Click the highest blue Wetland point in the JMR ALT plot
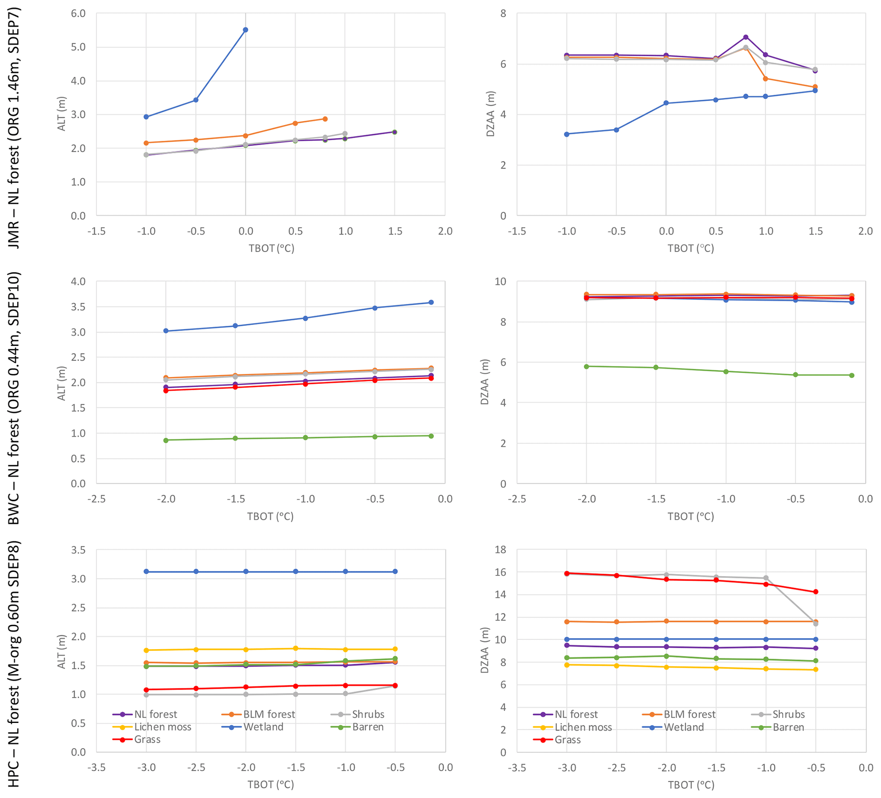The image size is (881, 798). tap(245, 30)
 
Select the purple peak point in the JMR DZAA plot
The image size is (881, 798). tap(745, 37)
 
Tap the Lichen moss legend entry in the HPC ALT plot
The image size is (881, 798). tap(162, 727)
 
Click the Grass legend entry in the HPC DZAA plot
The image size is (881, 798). tap(567, 740)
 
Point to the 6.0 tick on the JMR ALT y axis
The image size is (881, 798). tap(78, 14)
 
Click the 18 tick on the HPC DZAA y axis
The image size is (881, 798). tap(500, 550)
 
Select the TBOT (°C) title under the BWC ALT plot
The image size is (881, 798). tap(270, 517)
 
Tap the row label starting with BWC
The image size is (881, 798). tap(14, 398)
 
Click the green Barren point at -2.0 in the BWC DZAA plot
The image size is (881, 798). tap(586, 366)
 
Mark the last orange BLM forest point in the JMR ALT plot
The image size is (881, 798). tap(325, 119)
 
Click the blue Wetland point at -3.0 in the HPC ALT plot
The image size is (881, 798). tap(146, 572)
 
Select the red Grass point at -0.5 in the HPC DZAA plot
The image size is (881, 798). tap(815, 592)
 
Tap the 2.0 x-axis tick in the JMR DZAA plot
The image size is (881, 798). tap(865, 231)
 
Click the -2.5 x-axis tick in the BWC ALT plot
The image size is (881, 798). tap(96, 499)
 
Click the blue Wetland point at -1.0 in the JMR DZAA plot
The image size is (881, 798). tap(566, 134)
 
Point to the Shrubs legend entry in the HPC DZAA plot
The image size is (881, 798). tap(788, 714)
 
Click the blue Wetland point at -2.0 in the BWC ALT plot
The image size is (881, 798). tap(166, 331)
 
